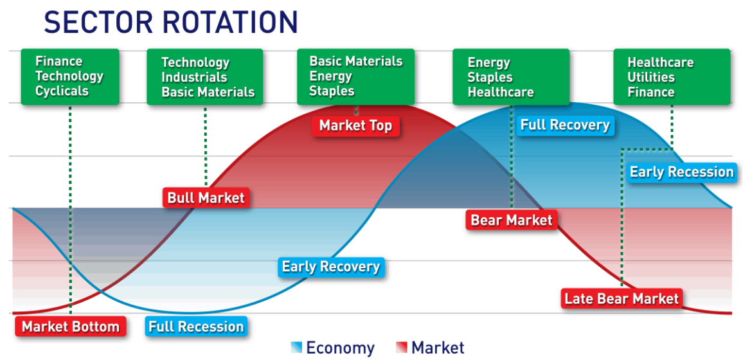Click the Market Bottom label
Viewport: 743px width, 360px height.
[x=71, y=327]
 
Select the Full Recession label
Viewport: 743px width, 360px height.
[x=196, y=327]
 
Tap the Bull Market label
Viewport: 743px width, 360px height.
[x=206, y=197]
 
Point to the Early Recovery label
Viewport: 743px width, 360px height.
[x=331, y=267]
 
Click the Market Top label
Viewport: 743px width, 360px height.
[x=356, y=126]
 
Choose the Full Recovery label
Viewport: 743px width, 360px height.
[x=565, y=125]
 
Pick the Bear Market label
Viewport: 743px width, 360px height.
[x=511, y=221]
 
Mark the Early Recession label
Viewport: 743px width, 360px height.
[x=681, y=172]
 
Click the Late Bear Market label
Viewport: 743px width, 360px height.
[x=622, y=299]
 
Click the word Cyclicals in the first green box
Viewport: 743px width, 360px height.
[x=62, y=91]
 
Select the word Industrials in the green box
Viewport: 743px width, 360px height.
[x=194, y=77]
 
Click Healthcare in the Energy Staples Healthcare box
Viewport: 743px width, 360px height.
[x=501, y=92]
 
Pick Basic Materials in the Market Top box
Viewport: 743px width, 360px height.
[x=356, y=61]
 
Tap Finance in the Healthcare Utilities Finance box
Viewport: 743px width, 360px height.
[x=651, y=92]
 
